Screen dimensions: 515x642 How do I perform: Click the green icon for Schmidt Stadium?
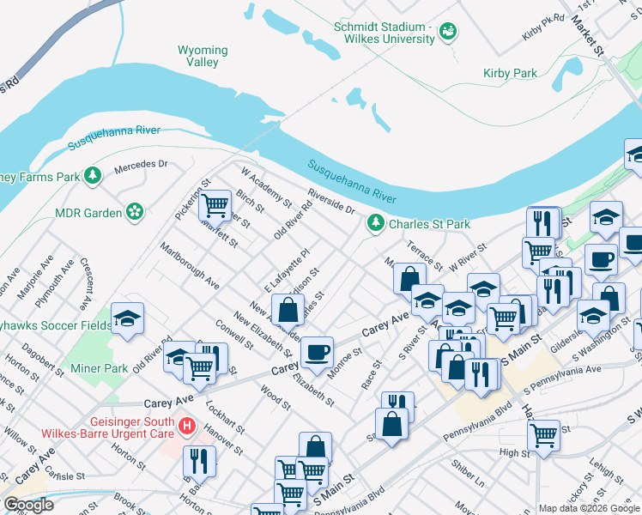pos(447,33)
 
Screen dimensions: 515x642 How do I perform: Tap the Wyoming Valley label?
pos(203,56)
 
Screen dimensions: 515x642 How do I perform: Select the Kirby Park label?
pos(510,74)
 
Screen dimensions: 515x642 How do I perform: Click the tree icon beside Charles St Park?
pos(375,224)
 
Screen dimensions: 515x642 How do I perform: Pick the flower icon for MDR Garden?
pos(134,211)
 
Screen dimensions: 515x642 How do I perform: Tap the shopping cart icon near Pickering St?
pos(215,205)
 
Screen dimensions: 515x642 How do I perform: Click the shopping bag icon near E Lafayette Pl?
pos(288,309)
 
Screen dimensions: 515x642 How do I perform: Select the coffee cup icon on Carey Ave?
pos(317,351)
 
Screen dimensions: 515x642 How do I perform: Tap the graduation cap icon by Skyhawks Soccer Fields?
pos(127,318)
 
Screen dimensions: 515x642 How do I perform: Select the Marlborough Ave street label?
pos(189,265)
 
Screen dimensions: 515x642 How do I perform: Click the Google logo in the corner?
pos(28,505)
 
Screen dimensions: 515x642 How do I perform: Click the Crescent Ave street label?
pos(85,283)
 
